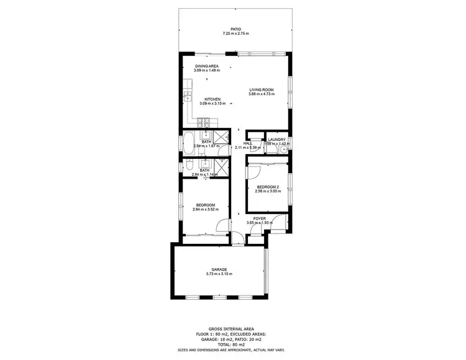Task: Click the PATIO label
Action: pos(235,29)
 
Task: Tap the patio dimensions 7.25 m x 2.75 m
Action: pos(235,34)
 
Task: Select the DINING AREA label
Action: pos(206,66)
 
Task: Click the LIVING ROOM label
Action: pos(261,89)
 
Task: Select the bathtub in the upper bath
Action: pos(188,142)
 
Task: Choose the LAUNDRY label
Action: pos(276,140)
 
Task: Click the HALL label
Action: pos(247,143)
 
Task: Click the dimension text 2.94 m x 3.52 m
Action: pos(206,210)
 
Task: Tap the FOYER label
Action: pos(259,218)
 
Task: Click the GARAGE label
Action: pos(219,269)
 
